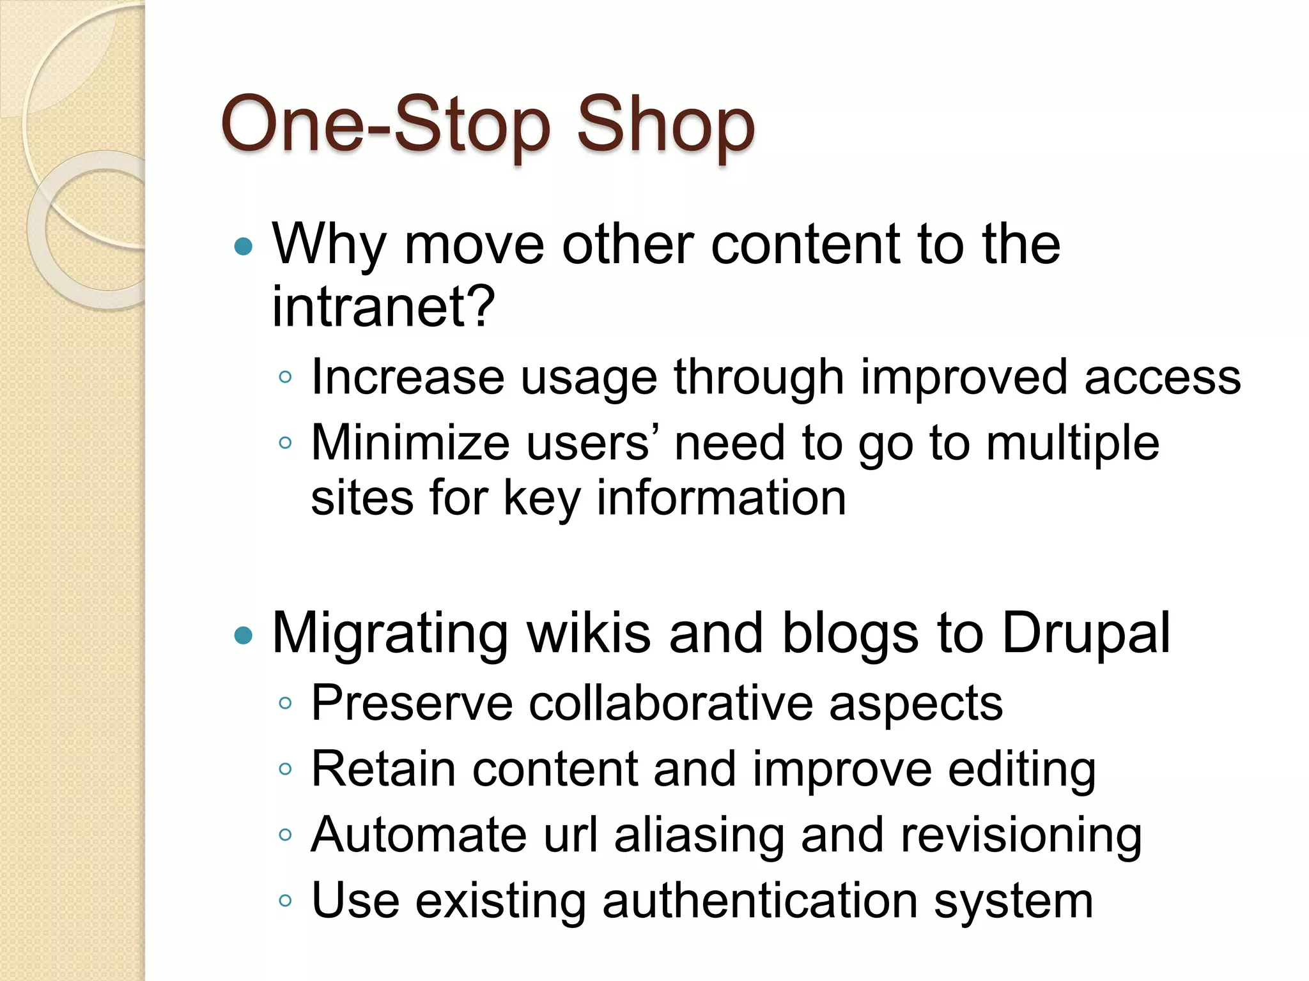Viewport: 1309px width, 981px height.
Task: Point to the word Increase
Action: (x=408, y=377)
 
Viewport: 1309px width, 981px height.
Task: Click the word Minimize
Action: (x=410, y=443)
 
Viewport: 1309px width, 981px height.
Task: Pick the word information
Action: (x=722, y=498)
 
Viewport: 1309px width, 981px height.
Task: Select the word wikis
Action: (x=587, y=633)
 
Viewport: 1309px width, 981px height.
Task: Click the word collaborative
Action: (x=670, y=703)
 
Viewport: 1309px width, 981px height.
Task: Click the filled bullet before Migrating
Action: (x=244, y=635)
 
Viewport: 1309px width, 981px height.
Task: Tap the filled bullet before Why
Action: (x=244, y=247)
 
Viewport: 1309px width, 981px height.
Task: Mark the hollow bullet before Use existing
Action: (x=285, y=901)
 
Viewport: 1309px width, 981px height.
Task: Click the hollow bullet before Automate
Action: (x=285, y=835)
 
